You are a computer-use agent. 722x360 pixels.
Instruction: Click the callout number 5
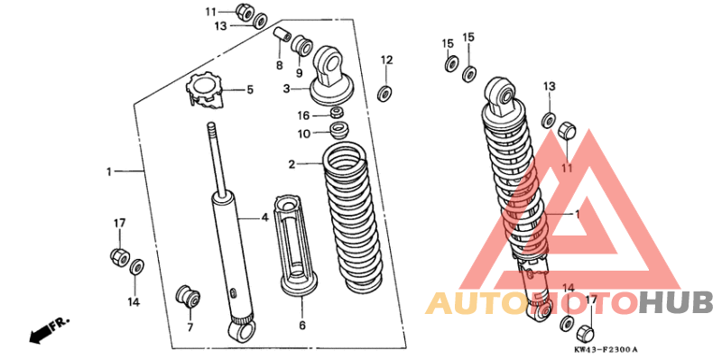tap(250, 89)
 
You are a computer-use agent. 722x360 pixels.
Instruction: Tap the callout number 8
tap(280, 65)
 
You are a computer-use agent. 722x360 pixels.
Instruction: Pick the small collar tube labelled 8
tap(282, 36)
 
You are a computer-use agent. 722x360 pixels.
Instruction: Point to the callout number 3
tap(286, 88)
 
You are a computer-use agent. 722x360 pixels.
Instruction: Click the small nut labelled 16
tap(337, 112)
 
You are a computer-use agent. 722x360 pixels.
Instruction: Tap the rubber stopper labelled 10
tap(340, 129)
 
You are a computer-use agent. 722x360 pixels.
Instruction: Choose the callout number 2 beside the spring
tap(292, 164)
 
